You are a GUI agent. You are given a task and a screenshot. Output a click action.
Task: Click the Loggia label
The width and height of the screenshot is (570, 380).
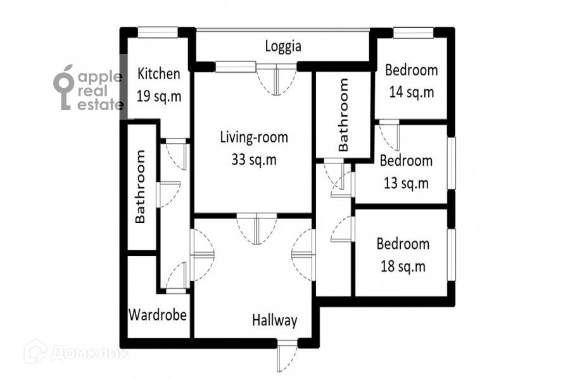pos(283,46)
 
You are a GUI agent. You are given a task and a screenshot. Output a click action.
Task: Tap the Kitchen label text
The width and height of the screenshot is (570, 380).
pos(159,73)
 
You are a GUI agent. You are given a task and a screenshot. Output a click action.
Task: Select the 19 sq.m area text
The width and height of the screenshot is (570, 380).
pos(159,96)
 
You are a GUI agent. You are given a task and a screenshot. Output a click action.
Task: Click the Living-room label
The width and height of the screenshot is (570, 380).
pos(254,137)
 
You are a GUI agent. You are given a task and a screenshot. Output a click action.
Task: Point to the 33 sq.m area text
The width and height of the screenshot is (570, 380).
pos(254,160)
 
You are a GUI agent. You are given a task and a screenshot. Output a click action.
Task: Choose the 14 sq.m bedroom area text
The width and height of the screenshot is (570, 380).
pos(412,92)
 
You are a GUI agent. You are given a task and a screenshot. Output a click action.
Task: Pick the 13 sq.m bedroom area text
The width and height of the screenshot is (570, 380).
pos(407,183)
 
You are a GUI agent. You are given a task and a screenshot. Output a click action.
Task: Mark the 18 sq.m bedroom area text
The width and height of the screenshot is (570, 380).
pos(403,266)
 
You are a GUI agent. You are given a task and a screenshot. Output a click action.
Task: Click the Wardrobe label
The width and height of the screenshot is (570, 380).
pos(158,315)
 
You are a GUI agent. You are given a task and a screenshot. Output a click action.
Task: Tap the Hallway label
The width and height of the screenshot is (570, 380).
pos(275,320)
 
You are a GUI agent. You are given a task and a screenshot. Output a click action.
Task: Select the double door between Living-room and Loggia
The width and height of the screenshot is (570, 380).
pos(276,79)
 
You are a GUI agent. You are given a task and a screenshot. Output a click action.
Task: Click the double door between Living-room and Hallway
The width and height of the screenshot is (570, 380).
pos(256,229)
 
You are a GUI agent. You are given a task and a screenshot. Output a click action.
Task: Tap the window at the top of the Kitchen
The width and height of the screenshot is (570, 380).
pos(158,32)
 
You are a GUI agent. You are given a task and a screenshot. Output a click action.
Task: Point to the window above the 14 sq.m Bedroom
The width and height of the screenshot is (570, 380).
pos(414,32)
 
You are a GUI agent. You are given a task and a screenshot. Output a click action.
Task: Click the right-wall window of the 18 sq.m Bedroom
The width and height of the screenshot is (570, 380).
pos(451,255)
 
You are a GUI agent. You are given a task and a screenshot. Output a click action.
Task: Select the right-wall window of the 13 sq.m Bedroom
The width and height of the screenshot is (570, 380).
pos(451,163)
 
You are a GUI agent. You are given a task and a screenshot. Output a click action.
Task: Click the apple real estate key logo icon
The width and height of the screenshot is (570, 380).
pos(63,87)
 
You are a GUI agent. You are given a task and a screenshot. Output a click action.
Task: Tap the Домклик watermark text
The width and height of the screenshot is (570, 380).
pos(89,353)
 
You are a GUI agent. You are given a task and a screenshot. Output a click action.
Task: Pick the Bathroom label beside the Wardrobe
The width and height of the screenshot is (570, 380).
pos(140,186)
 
